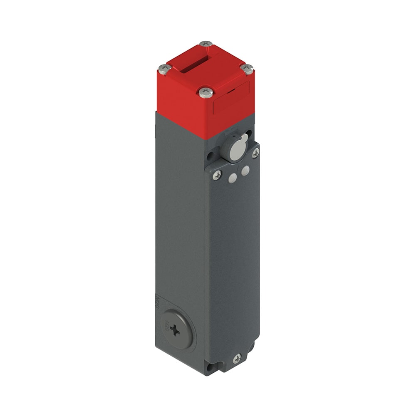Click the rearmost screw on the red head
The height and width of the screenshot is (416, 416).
pos(206,43)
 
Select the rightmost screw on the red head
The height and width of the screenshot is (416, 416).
pos(247,69)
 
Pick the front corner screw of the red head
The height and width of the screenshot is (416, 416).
pos(206,92)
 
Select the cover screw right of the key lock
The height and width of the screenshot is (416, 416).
pos(255,153)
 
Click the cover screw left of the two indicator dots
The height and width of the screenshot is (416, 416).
pos(217,175)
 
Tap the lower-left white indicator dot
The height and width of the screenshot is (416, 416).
pos(233,178)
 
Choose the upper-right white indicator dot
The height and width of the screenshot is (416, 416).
pos(245,170)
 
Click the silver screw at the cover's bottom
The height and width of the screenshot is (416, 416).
pos(237,358)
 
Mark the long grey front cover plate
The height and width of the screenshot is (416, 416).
pos(233,258)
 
